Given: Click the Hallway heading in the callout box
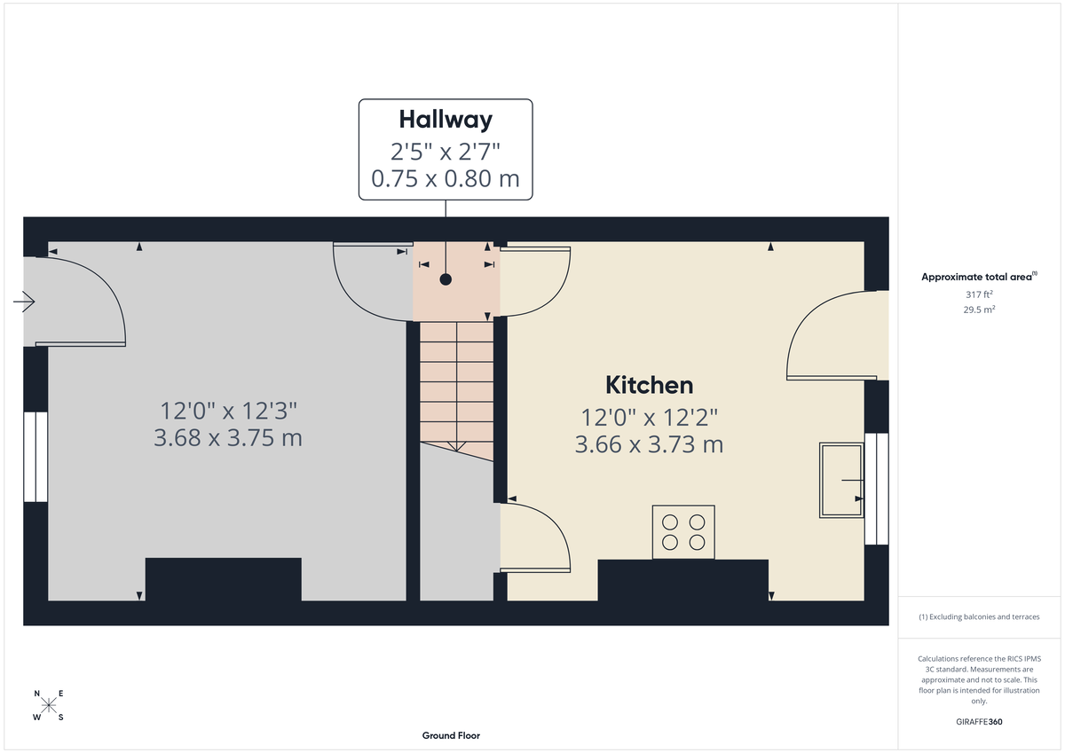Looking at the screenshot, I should [x=445, y=119].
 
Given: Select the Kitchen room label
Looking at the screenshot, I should [x=649, y=385].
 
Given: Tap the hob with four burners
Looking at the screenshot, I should [x=683, y=532].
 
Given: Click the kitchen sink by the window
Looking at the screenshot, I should [x=840, y=480].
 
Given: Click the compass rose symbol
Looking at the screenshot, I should [x=49, y=705].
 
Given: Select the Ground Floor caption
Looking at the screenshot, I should [x=451, y=735].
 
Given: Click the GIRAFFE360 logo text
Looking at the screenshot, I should [x=979, y=722].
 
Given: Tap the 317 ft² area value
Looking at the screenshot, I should [x=979, y=294].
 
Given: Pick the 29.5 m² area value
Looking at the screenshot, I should [x=979, y=310].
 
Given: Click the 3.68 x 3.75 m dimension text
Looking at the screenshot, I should [x=228, y=438].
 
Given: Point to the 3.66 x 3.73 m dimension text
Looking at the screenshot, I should [x=649, y=444].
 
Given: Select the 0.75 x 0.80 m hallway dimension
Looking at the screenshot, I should [x=445, y=178].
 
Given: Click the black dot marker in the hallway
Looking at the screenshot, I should [x=446, y=279].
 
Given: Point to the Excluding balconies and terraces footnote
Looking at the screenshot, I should [x=979, y=616].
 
